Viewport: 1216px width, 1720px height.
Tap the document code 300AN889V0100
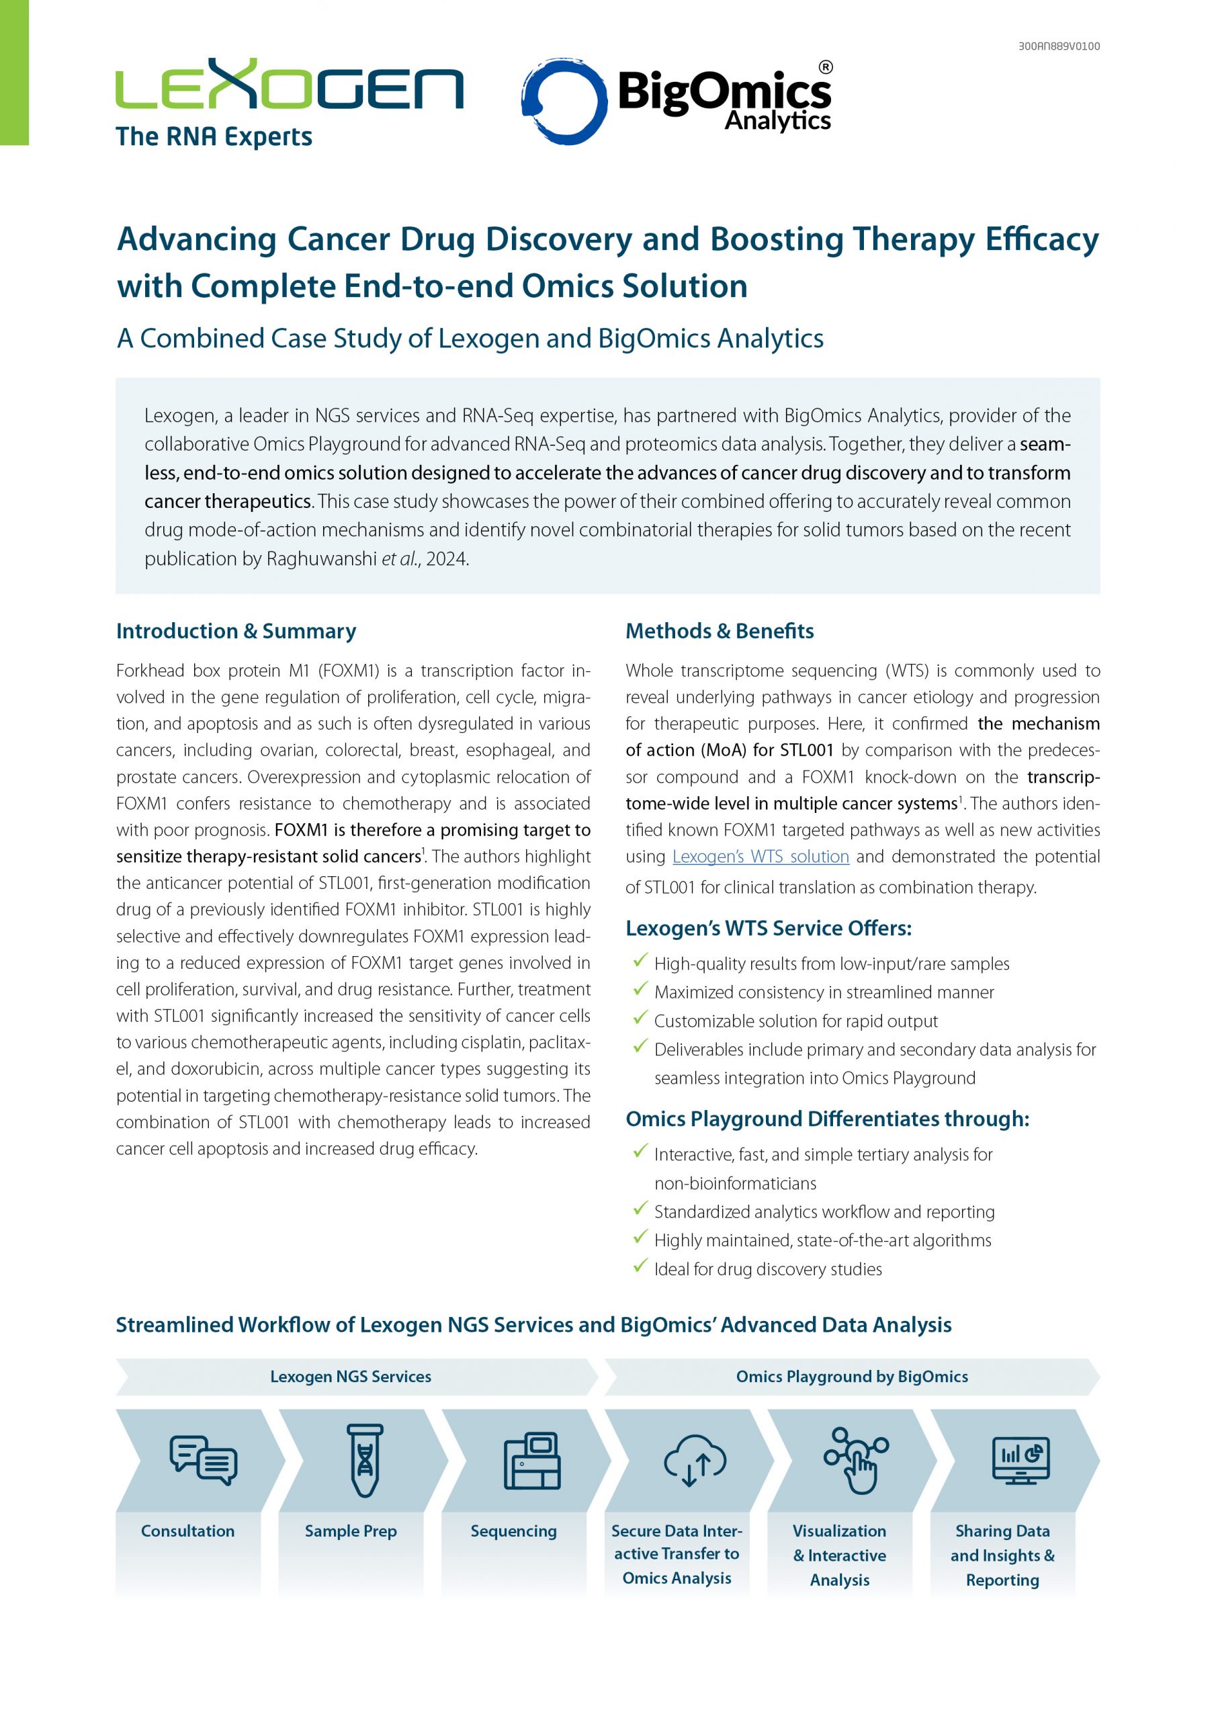[1059, 46]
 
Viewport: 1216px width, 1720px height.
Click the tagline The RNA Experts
[214, 137]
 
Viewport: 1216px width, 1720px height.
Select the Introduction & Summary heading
[236, 631]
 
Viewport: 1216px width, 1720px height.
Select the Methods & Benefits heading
[720, 631]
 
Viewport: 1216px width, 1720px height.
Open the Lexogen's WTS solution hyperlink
[761, 856]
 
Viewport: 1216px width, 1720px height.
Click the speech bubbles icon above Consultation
[203, 1460]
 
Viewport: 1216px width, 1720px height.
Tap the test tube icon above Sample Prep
[365, 1460]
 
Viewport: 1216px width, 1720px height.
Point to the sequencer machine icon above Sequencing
[532, 1460]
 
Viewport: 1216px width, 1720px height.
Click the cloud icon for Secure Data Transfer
[695, 1460]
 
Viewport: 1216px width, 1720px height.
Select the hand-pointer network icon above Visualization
[857, 1460]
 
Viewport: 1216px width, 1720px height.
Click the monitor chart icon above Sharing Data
[1020, 1460]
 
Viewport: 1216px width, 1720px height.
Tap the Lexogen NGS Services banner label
[351, 1376]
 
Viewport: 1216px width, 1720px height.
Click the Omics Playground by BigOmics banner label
[852, 1376]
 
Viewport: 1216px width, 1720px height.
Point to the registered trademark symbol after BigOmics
[825, 67]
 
